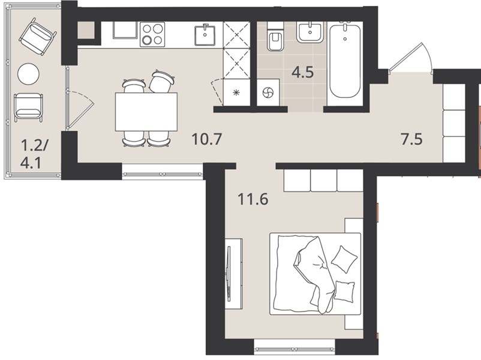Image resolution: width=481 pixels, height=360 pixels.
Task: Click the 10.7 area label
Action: pos(206,139)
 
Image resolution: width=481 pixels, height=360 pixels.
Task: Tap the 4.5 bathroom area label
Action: pos(302,73)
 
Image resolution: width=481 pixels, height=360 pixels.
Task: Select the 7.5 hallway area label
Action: pos(411,139)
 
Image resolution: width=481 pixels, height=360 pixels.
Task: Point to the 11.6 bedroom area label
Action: pos(252,199)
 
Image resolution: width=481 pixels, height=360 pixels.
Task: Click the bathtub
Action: pos(345,61)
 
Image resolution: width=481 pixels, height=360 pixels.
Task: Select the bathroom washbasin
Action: pos(310,32)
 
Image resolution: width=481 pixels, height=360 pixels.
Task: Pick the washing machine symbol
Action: pos(268,92)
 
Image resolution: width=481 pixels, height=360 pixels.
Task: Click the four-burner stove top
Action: pos(152,34)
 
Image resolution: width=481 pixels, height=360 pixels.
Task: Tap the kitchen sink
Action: pos(205,35)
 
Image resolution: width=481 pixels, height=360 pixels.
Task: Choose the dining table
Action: pos(146,112)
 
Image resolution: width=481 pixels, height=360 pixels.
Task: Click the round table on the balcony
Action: pos(29,74)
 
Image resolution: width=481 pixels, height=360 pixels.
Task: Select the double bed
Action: pos(315,274)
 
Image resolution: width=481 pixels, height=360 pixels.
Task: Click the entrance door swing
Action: pos(410,58)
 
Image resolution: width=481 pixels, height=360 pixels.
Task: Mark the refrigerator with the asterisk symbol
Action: pos(236,92)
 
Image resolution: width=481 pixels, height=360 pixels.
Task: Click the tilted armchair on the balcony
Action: pos(38,36)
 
